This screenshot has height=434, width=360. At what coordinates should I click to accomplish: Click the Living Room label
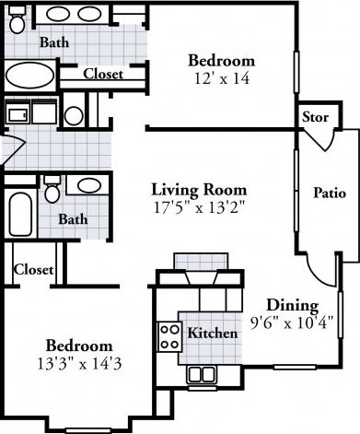199,190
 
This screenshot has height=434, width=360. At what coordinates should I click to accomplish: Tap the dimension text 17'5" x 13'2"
199,207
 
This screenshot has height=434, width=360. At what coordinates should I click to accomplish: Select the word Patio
330,194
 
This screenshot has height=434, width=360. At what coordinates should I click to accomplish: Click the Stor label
315,117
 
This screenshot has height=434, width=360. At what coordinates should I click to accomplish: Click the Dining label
292,306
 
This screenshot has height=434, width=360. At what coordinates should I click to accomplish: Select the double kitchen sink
202,373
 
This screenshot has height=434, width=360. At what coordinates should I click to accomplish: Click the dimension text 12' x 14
222,79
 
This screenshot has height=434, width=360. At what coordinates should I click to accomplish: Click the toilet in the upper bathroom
17,23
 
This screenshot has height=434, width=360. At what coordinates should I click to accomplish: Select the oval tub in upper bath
31,75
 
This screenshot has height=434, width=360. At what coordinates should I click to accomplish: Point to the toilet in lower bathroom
53,191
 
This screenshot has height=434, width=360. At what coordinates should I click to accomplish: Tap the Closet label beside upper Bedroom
103,75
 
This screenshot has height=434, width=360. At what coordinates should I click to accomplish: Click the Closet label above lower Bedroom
34,270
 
